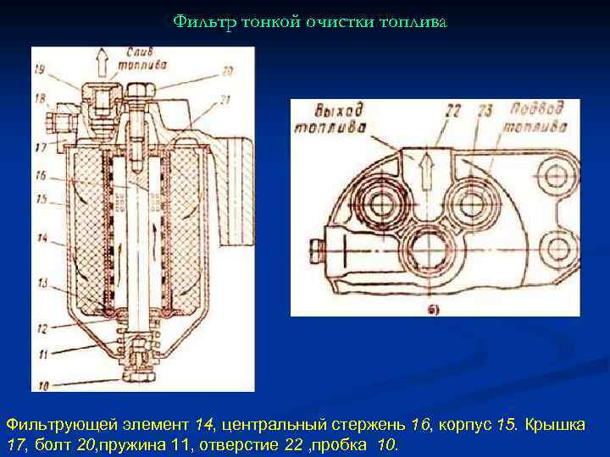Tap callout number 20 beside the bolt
pyautogui.click(x=227, y=71)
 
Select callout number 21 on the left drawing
pyautogui.click(x=227, y=100)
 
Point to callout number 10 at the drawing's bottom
pyautogui.click(x=42, y=386)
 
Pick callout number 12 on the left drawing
pyautogui.click(x=42, y=326)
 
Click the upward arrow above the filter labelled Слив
pyautogui.click(x=103, y=63)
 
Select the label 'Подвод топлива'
pyautogui.click(x=539, y=118)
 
